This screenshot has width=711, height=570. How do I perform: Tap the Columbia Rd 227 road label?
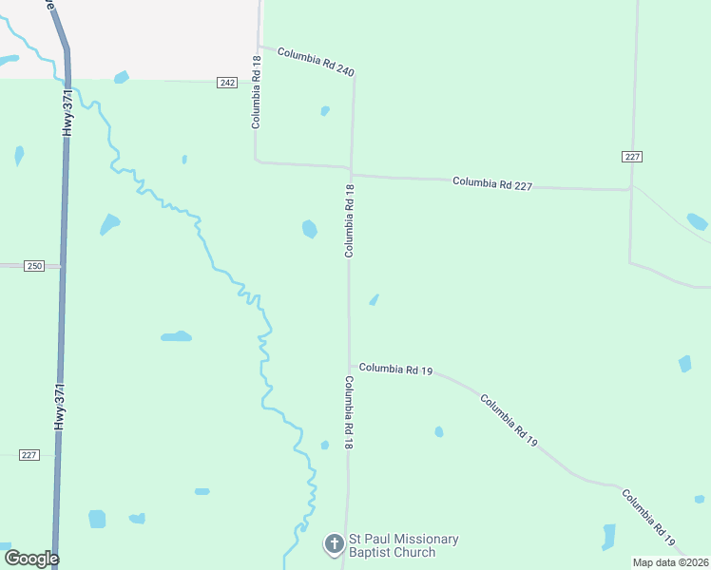coord(491,183)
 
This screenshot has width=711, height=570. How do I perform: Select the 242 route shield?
coord(226,83)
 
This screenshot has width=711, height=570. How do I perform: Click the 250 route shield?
coord(34,267)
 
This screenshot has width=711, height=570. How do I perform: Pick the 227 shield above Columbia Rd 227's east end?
coord(633,157)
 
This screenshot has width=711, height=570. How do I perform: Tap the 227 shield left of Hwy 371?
coord(29,455)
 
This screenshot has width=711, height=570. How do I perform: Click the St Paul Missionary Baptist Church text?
coord(390,545)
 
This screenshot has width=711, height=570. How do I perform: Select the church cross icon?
coord(334,544)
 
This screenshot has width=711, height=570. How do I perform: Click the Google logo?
coord(31,559)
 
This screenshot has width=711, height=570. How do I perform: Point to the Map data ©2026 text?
coord(669,562)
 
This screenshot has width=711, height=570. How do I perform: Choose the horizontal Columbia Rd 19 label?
coord(395,369)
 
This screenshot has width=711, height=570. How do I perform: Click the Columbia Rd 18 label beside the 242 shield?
coord(256,92)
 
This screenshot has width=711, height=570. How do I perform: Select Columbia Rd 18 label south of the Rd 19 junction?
coord(350,412)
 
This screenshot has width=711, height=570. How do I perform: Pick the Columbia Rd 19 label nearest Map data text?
coord(648,519)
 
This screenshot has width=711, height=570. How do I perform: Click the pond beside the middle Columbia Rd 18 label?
coord(310,229)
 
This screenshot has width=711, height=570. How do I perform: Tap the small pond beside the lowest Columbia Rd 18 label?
coord(325,445)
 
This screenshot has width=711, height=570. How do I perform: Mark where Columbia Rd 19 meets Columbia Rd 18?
coord(350,366)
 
